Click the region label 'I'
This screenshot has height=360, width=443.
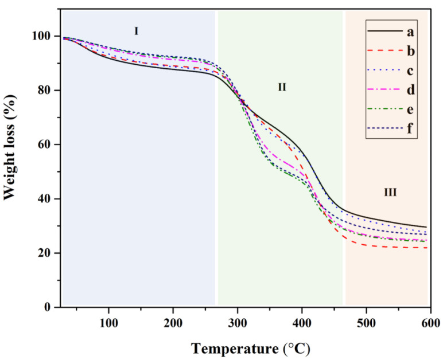point(137,31)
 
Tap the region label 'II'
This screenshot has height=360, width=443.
point(282,88)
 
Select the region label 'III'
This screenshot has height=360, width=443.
point(390,193)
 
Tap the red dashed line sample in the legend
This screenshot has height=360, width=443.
point(384,52)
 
